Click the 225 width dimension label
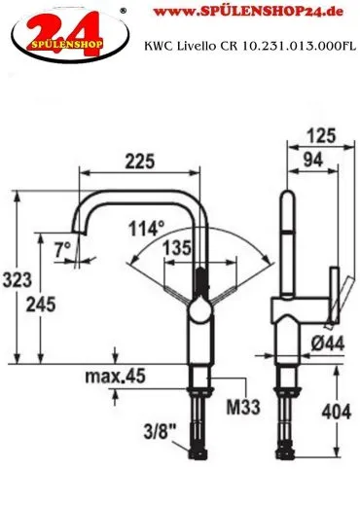(x=140, y=162)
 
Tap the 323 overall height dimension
(x=18, y=279)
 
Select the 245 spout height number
(x=41, y=305)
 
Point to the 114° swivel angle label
(x=147, y=228)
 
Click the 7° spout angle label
(x=62, y=250)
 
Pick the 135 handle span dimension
(x=177, y=248)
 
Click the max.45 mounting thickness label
(x=115, y=377)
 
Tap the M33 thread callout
(x=243, y=407)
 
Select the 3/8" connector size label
(x=160, y=431)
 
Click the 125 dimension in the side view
(x=321, y=135)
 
